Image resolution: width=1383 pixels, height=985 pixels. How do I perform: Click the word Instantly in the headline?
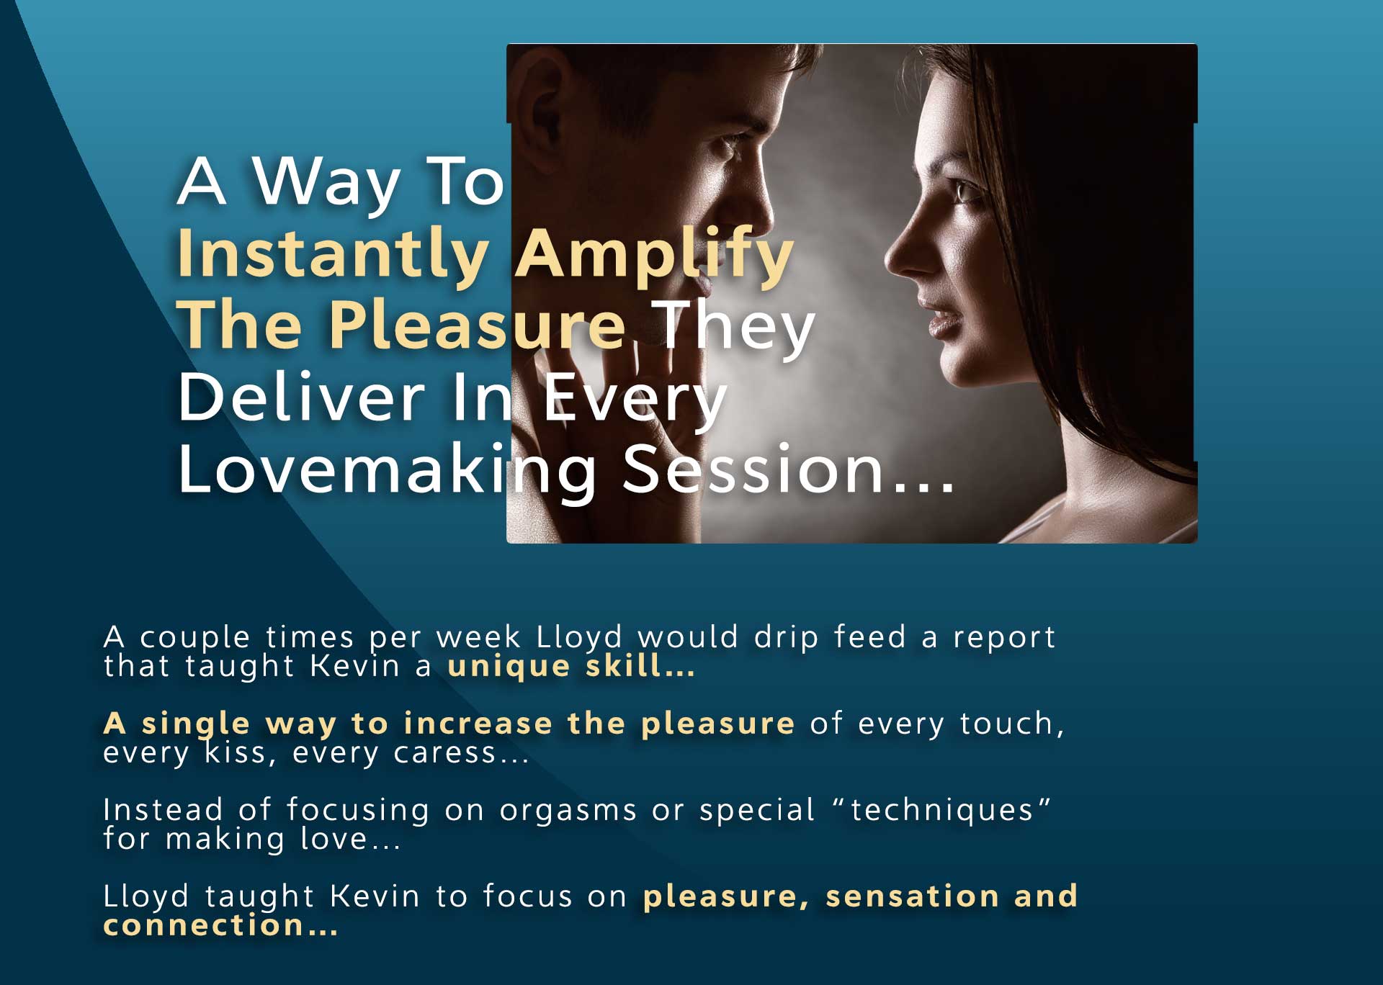point(333,253)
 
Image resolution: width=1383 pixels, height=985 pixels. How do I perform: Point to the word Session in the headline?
point(753,469)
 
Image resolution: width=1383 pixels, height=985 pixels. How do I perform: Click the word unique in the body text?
point(509,666)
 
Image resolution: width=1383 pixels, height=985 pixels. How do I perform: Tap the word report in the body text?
point(1004,638)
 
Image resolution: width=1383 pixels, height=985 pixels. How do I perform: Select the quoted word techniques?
point(942,810)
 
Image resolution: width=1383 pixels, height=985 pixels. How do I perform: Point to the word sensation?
point(912,896)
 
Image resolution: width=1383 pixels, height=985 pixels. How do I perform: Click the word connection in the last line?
point(204,925)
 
